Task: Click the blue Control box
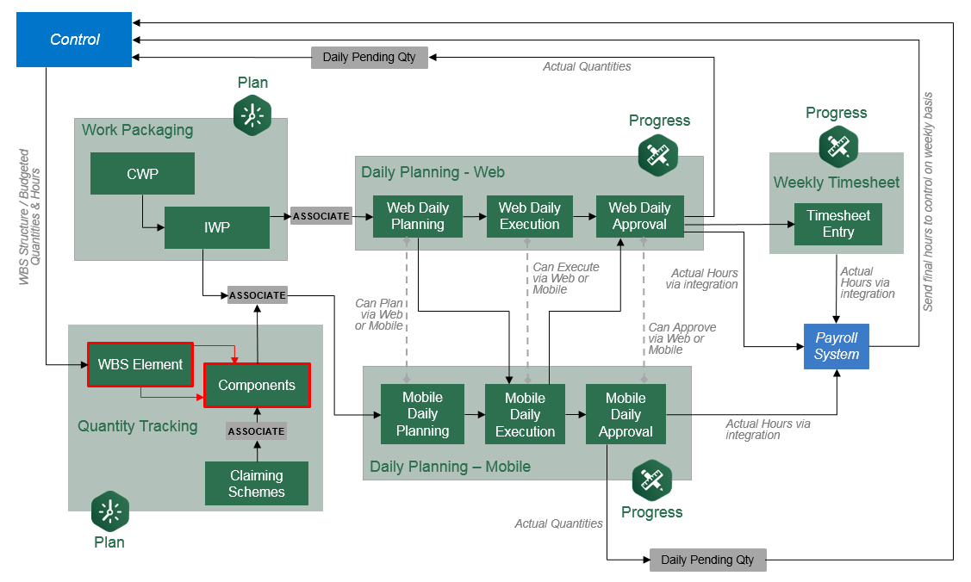[x=74, y=40]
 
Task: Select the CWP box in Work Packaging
[x=142, y=174]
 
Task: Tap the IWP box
[x=216, y=227]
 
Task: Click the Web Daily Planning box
[x=418, y=216]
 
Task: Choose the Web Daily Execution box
[x=529, y=216]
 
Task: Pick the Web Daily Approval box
[x=639, y=216]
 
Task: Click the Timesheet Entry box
[x=837, y=224]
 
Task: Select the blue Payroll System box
[x=837, y=346]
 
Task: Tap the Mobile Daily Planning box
[x=422, y=414]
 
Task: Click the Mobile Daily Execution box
[x=525, y=414]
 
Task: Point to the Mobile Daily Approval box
[x=626, y=414]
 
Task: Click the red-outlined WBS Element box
[x=140, y=364]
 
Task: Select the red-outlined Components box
[x=256, y=385]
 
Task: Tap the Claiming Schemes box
[x=256, y=484]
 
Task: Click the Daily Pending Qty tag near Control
[x=369, y=58]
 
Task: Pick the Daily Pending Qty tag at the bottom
[x=707, y=560]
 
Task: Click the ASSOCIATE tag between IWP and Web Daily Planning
[x=321, y=216]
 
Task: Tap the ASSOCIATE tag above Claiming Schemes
[x=256, y=430]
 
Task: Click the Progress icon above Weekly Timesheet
[x=837, y=145]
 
